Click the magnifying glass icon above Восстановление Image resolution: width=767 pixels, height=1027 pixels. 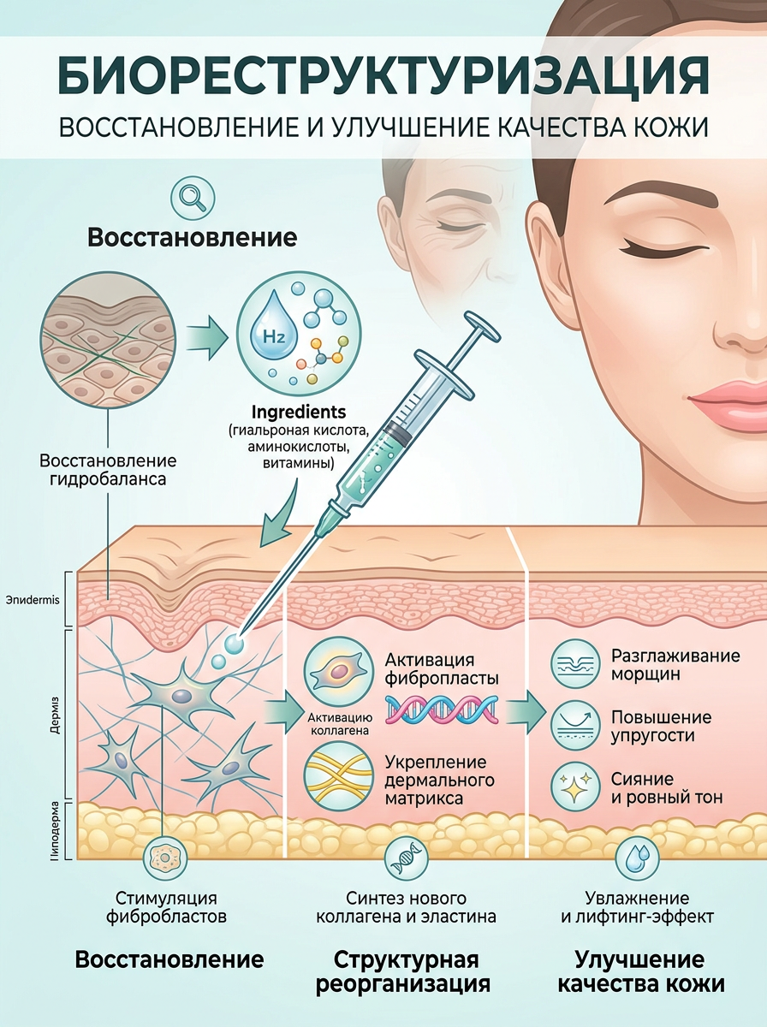pos(193,198)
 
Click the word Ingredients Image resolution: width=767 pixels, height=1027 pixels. pos(299,412)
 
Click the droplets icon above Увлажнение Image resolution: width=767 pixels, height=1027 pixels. pos(638,858)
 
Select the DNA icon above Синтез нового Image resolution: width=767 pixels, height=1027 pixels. pos(407,858)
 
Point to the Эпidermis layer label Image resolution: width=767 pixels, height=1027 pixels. pos(33,600)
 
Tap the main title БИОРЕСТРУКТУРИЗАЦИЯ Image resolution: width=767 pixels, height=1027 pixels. pos(383,76)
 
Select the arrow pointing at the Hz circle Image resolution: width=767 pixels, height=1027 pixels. pos(206,337)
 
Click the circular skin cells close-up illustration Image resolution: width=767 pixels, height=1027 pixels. pos(108,338)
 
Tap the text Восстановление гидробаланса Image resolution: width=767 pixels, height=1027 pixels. pos(108,470)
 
